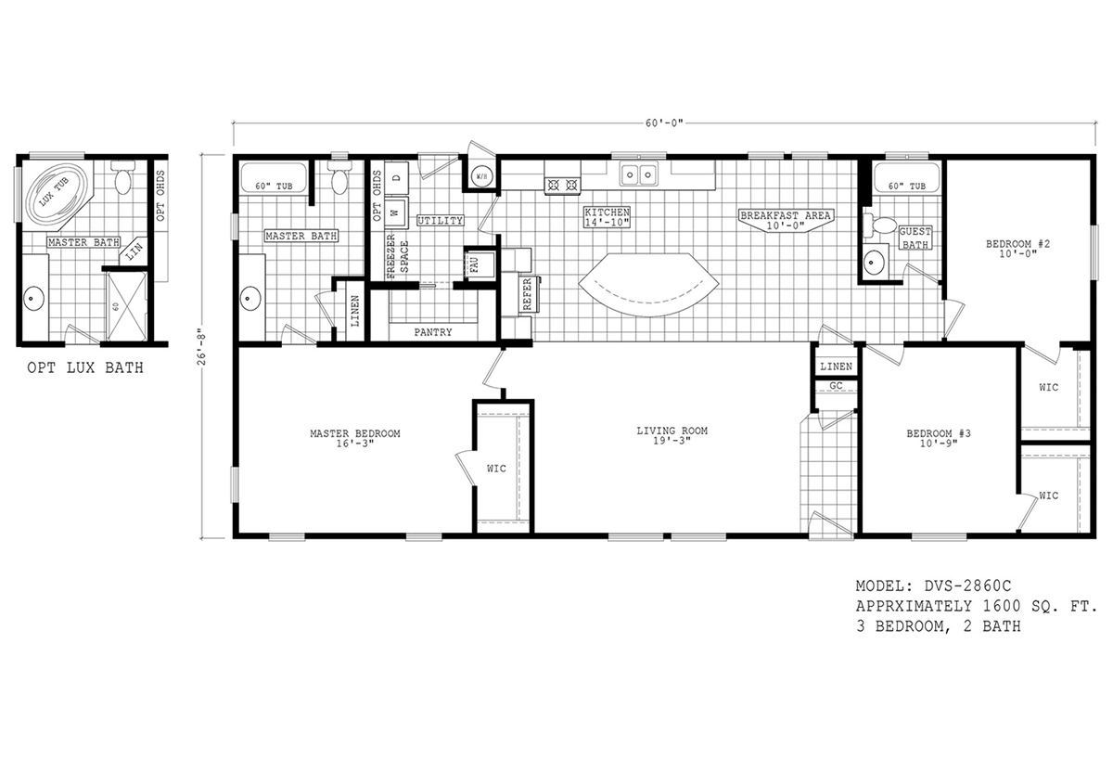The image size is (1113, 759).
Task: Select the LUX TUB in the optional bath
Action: coord(49,197)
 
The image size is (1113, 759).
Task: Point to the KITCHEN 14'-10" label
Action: coord(608,217)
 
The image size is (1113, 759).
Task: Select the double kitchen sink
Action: coord(638,173)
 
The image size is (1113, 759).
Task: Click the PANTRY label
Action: coord(433,331)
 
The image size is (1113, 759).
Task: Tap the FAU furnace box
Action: coord(474,264)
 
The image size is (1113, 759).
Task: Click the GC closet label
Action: coord(835,385)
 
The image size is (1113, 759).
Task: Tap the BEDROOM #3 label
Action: coord(938,438)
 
